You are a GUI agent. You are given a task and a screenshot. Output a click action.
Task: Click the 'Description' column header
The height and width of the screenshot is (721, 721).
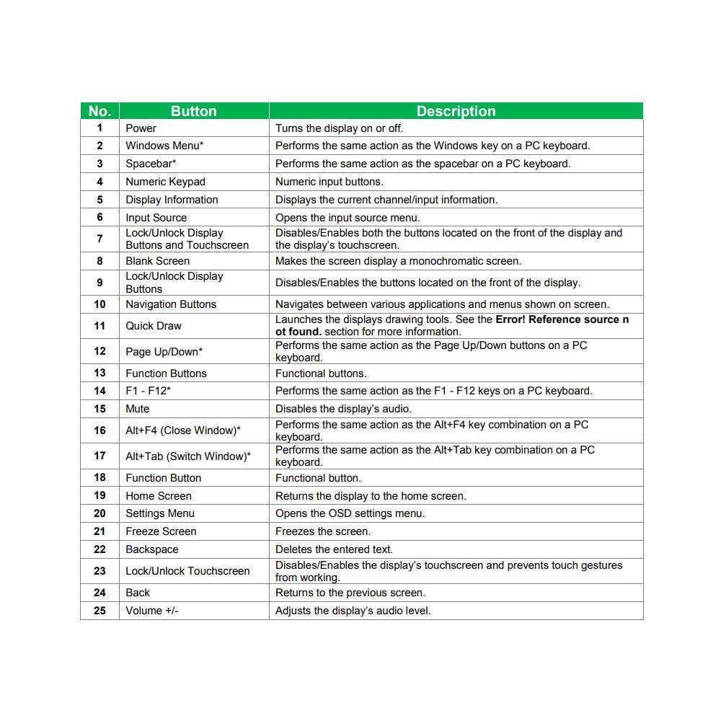(x=456, y=111)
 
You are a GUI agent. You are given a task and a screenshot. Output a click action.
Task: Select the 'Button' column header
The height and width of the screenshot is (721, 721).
(x=193, y=111)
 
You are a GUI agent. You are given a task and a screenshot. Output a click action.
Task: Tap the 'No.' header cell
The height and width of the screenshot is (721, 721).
(x=99, y=111)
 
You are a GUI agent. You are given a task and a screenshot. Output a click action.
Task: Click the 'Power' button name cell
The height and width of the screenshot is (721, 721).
(x=141, y=128)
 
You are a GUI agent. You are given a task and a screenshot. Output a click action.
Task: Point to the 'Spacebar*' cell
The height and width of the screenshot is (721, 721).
(x=151, y=164)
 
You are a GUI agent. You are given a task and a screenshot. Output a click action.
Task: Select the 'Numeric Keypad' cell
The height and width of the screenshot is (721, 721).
(x=165, y=182)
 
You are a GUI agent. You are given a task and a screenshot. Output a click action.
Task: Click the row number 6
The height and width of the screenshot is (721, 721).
(x=99, y=217)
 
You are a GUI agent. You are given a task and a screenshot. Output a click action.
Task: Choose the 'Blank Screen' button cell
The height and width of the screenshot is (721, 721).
(x=157, y=261)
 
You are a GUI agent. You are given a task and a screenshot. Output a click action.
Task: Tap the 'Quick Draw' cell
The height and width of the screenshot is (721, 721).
(x=154, y=326)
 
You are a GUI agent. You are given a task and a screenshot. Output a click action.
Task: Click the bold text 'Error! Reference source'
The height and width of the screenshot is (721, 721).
(x=557, y=319)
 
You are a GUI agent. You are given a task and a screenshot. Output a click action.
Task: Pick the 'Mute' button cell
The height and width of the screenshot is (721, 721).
(x=138, y=409)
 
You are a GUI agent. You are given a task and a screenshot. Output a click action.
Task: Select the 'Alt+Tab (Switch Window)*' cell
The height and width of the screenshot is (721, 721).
(x=188, y=456)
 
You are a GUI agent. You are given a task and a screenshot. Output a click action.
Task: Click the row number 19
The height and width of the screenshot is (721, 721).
(x=99, y=495)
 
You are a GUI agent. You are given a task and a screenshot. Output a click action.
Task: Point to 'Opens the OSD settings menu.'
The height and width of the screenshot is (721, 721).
(x=350, y=513)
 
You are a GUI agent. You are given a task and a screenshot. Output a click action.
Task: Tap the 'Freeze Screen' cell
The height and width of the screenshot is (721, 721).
(x=161, y=531)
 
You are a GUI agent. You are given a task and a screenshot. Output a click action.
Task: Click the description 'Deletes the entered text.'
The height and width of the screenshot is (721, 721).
(x=334, y=549)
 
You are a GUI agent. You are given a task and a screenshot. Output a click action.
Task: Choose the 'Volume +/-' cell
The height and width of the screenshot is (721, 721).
(x=151, y=611)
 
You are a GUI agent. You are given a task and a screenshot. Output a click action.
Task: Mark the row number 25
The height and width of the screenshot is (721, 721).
(x=99, y=611)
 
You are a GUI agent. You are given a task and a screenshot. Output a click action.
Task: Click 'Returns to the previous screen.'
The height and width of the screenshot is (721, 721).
(x=350, y=593)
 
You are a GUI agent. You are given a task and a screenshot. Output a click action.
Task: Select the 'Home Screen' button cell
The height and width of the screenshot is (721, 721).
(x=159, y=496)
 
